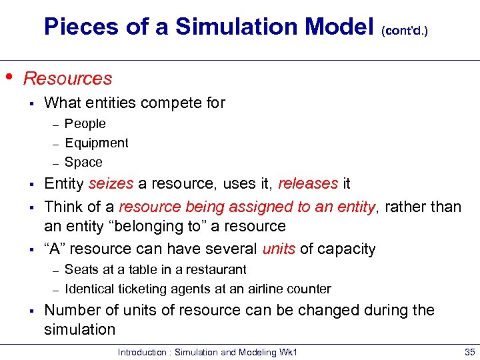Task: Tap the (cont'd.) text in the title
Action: click(405, 30)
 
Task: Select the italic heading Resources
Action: click(67, 78)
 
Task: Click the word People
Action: click(85, 123)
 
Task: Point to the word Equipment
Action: click(96, 143)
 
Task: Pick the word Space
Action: click(83, 162)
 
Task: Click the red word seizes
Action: click(111, 183)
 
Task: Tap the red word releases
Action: click(307, 183)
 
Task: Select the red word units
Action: click(278, 249)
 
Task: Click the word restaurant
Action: click(217, 269)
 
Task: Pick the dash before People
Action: click(57, 124)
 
